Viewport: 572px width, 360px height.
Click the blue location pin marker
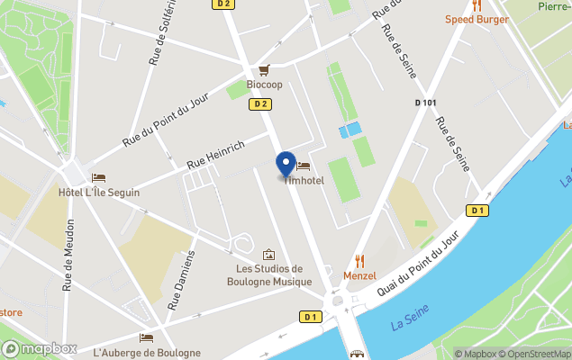[286, 164]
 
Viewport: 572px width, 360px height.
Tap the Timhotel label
[304, 180]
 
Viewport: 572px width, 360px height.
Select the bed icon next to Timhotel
[304, 166]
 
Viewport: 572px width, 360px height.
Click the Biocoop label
[264, 85]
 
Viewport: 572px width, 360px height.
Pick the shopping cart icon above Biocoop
[264, 69]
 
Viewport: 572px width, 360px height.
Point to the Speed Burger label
[477, 19]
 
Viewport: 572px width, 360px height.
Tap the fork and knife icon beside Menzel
[360, 261]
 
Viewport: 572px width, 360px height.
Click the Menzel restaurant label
[359, 275]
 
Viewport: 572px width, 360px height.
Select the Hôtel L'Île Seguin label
[99, 193]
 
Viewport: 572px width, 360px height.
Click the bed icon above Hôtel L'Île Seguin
[98, 178]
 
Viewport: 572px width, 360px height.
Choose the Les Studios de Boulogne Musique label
[268, 274]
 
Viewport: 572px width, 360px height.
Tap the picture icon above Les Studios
[268, 255]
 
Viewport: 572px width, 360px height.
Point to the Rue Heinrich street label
[215, 155]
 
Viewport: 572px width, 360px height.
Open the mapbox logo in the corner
[40, 348]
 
